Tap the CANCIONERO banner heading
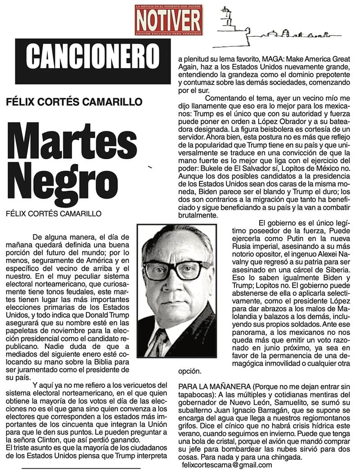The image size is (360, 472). point(93,55)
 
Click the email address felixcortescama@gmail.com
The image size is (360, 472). point(227,465)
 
